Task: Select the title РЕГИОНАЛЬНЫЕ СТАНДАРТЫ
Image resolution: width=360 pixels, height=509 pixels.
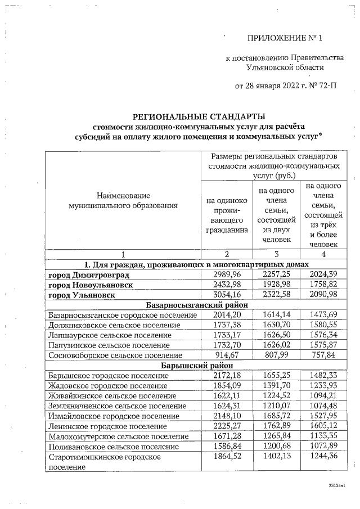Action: (198, 117)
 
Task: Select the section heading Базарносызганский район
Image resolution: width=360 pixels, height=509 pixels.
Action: (197, 305)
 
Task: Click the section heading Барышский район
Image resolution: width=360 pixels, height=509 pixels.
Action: (197, 365)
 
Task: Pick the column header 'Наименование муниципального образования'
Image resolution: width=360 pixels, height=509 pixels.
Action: (123, 201)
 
